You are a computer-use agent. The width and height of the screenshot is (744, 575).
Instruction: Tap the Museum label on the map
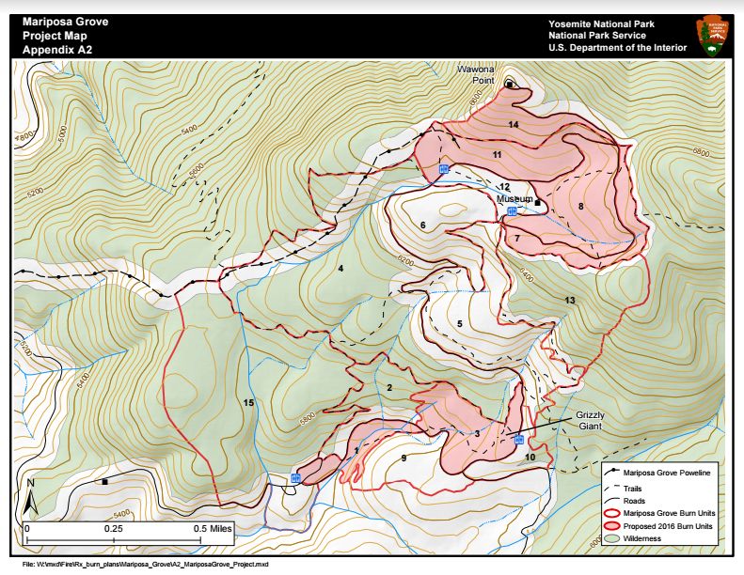515,199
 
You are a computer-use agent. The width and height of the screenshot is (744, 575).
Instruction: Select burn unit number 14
514,124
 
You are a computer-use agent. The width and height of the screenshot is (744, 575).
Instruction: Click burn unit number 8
581,206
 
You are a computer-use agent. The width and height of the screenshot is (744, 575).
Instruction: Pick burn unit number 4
340,270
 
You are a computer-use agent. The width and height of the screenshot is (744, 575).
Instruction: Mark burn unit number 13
570,300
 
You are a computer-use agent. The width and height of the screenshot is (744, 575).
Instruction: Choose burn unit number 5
460,323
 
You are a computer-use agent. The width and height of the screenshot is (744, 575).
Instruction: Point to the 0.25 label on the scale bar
114,528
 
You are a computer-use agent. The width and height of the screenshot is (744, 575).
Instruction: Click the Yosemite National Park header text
602,23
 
